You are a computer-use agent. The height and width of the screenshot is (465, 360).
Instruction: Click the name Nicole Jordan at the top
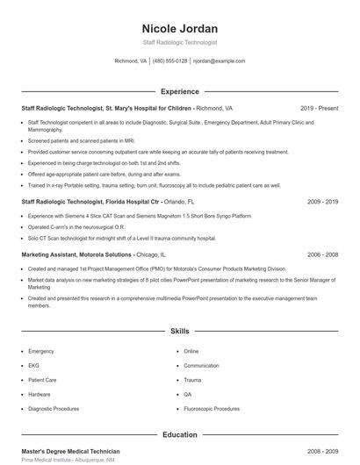click(179, 28)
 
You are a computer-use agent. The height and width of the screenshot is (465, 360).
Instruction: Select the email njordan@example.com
click(219, 61)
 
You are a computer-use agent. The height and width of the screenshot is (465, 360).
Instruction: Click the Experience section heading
click(179, 91)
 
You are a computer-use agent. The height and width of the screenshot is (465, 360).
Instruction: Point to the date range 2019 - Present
click(319, 108)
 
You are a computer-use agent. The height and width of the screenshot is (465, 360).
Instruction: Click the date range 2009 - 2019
click(322, 201)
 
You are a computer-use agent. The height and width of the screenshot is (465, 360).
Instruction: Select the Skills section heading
click(179, 332)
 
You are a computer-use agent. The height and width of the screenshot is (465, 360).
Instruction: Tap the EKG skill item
click(33, 366)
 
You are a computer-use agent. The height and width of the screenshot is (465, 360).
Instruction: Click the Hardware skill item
click(39, 394)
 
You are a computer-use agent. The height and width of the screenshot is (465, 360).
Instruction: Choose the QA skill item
click(187, 394)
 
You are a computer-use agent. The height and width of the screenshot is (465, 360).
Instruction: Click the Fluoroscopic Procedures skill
click(212, 409)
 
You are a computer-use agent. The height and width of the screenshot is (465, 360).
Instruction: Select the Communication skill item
click(201, 366)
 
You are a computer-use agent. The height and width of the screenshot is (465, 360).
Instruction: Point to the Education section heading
click(179, 434)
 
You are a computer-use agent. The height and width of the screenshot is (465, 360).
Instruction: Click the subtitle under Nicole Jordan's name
click(179, 42)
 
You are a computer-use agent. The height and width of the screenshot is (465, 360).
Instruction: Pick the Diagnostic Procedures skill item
click(53, 409)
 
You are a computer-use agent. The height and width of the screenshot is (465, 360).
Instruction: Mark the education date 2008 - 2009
click(322, 451)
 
